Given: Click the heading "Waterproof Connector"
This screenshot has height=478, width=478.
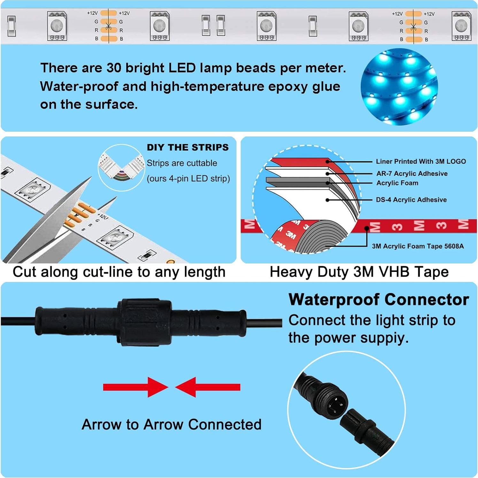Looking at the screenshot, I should pyautogui.click(x=379, y=300).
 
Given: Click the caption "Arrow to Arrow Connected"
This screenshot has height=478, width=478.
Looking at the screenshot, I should pyautogui.click(x=172, y=425).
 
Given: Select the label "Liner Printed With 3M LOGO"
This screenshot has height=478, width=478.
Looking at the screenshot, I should pyautogui.click(x=420, y=161).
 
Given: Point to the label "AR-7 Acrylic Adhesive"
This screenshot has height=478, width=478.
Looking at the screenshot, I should pyautogui.click(x=412, y=173).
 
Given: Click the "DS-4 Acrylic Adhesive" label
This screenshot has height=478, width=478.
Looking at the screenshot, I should pyautogui.click(x=411, y=200).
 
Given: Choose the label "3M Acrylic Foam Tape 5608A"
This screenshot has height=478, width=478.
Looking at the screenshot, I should pyautogui.click(x=418, y=246).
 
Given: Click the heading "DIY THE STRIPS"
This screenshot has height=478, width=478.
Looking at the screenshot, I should pyautogui.click(x=188, y=147).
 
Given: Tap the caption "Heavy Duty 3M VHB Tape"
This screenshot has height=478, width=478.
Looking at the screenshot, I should pyautogui.click(x=359, y=272).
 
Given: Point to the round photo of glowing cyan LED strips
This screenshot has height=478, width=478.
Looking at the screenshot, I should pyautogui.click(x=399, y=87).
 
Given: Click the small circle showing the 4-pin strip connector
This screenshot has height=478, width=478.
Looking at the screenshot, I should pyautogui.click(x=121, y=168).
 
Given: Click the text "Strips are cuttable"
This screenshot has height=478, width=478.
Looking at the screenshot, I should pyautogui.click(x=182, y=163).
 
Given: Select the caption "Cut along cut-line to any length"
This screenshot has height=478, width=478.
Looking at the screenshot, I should pyautogui.click(x=119, y=272).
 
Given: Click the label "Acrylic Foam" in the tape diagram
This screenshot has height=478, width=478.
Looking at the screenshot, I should pyautogui.click(x=397, y=183).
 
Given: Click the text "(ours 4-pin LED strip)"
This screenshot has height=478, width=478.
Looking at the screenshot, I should pyautogui.click(x=188, y=178).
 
